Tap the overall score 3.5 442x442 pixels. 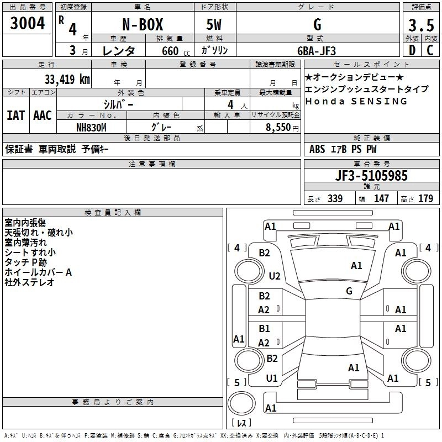[420, 26]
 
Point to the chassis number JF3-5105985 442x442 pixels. [371, 176]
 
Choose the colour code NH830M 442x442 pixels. [91, 127]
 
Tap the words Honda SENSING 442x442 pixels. [356, 102]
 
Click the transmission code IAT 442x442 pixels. [15, 115]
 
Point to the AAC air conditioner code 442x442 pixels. [42, 115]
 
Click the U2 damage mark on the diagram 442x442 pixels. [275, 276]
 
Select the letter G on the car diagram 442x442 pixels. [349, 291]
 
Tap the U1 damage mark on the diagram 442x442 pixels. [272, 378]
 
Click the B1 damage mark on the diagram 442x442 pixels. [265, 329]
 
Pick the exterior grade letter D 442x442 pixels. [412, 50]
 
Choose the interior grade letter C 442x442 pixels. [430, 50]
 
